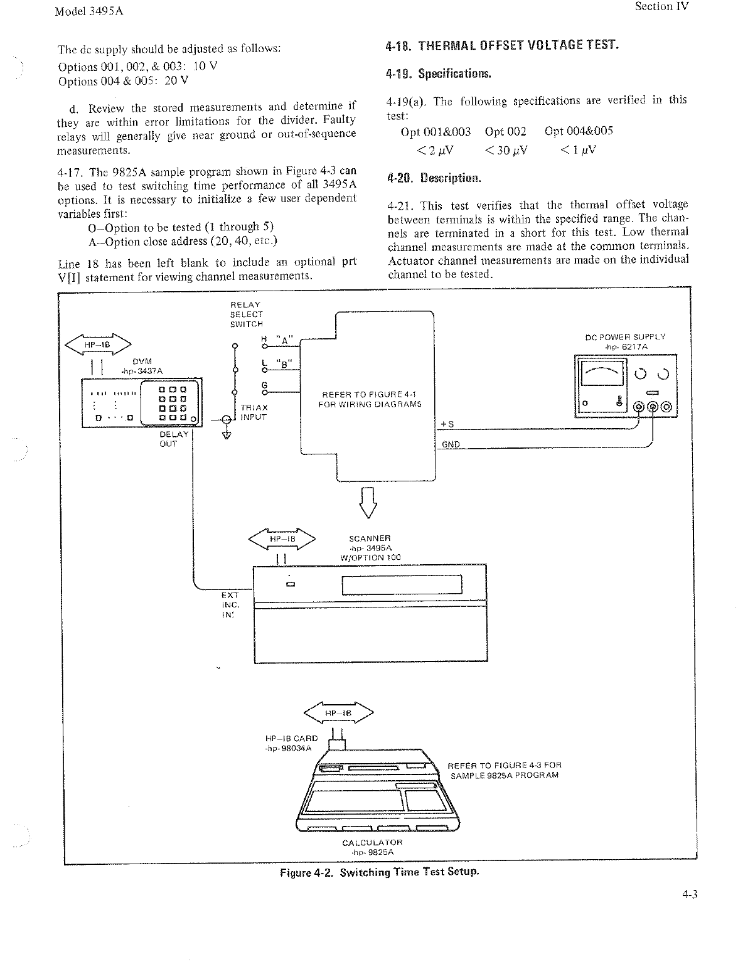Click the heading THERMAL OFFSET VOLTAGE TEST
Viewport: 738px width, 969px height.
coord(502,46)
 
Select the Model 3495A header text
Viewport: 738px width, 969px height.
coord(88,12)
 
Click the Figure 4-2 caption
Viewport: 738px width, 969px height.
coord(379,872)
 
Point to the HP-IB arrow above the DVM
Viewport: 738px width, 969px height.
coord(98,345)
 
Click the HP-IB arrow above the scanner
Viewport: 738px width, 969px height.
coord(282,538)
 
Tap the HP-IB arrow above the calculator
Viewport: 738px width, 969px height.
coord(338,714)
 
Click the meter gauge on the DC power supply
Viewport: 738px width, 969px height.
coord(602,377)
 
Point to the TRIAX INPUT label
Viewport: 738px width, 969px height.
coord(254,412)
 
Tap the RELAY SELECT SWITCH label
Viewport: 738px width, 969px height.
coord(246,314)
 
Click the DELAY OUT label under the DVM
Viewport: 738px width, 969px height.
coord(173,439)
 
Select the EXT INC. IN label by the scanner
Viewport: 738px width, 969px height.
coord(230,604)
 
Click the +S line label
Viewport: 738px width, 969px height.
coord(447,425)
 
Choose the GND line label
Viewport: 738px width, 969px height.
coord(451,444)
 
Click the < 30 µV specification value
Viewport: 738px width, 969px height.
coord(506,150)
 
